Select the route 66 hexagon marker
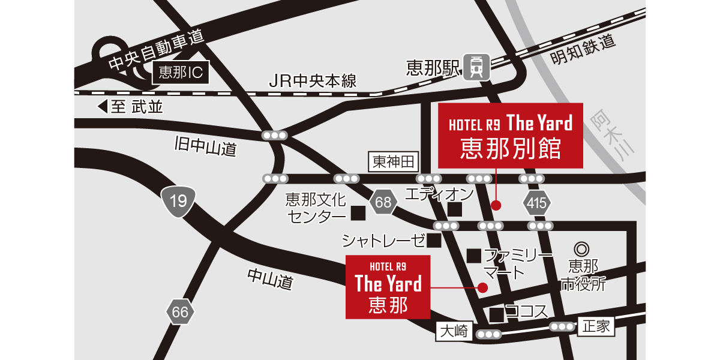[180, 311]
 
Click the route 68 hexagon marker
[383, 203]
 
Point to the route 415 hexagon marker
[536, 203]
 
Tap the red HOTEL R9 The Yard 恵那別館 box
[511, 136]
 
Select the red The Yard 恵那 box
[388, 287]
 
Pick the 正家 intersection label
[595, 326]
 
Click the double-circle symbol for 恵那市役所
[581, 248]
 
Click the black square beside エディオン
[454, 209]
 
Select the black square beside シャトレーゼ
[434, 241]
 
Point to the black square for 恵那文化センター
[358, 212]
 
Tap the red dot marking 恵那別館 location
[496, 205]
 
